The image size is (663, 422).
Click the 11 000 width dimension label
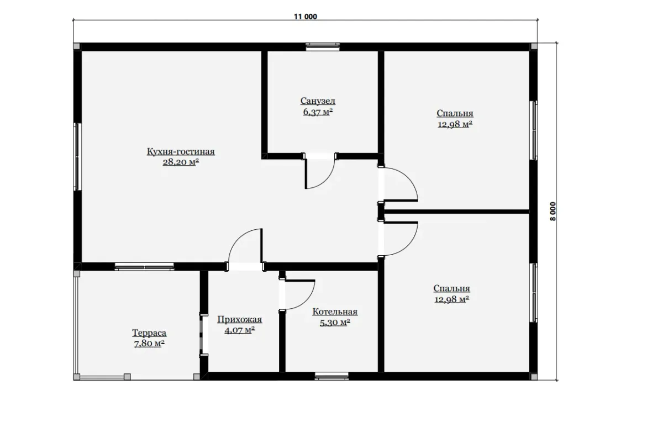point(305,17)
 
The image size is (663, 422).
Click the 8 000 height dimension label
point(553,212)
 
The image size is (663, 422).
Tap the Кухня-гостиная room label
point(181,151)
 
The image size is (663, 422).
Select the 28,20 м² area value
point(181,162)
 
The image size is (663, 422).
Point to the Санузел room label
point(318,101)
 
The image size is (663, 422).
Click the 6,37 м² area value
point(318,112)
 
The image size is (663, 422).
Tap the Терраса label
point(149,333)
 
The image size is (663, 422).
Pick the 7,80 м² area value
point(149,344)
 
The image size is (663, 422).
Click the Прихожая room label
point(240,320)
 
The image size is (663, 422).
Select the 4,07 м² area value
point(240,330)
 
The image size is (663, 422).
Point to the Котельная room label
point(335,312)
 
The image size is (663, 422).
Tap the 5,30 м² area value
point(335,322)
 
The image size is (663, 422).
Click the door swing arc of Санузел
point(325,180)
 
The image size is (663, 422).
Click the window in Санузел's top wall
point(323,47)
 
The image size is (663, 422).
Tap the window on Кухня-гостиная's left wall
point(77,156)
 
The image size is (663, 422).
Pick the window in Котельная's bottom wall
point(331,376)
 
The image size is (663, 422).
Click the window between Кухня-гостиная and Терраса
point(144,267)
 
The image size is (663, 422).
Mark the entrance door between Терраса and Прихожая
point(204,335)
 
